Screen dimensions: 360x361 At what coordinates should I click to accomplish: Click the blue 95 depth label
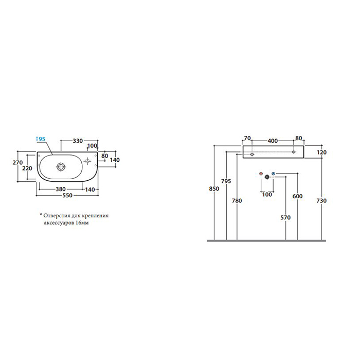(x=42, y=139)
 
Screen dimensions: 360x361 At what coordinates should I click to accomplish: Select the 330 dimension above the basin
(x=78, y=141)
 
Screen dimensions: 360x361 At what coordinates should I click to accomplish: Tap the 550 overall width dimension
(x=67, y=196)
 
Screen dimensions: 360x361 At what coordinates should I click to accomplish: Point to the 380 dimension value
(x=61, y=189)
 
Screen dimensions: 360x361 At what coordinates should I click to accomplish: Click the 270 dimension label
(x=17, y=163)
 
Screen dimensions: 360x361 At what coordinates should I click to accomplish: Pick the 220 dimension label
(x=27, y=168)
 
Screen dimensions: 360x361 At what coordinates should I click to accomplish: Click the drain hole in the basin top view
(x=61, y=167)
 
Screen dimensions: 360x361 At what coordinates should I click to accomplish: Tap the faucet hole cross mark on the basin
(x=87, y=161)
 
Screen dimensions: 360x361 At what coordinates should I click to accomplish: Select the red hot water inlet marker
(x=261, y=174)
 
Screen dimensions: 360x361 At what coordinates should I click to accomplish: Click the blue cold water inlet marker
(x=273, y=174)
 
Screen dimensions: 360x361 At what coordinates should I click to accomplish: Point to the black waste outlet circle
(x=267, y=177)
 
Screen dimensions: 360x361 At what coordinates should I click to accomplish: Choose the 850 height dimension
(x=214, y=189)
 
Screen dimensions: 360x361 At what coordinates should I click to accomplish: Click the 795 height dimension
(x=226, y=181)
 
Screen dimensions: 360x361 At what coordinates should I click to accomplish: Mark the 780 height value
(x=237, y=201)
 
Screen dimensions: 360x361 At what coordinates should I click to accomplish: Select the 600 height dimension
(x=297, y=196)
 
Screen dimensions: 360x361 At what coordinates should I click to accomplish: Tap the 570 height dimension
(x=285, y=217)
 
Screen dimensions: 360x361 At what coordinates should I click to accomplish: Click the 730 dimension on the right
(x=321, y=201)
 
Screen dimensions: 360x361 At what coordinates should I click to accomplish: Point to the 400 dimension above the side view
(x=273, y=141)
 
